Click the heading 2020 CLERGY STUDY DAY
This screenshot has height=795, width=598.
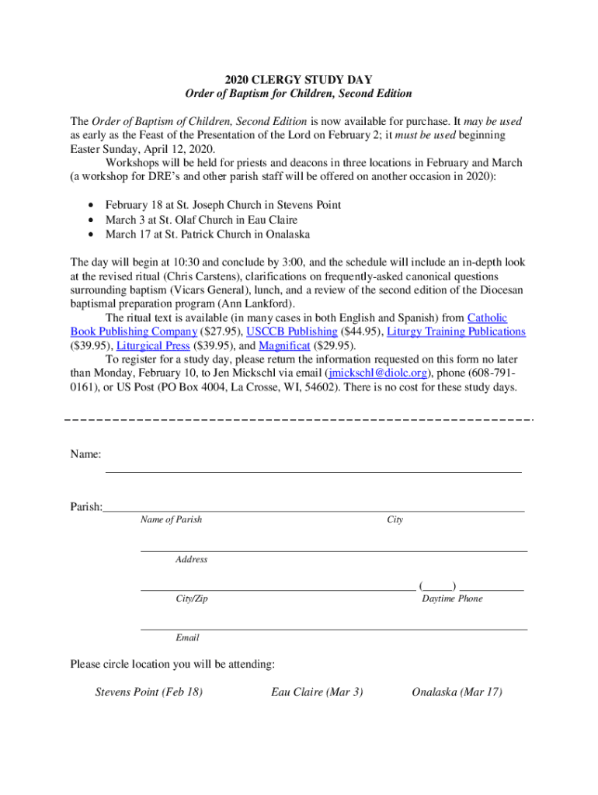[298, 80]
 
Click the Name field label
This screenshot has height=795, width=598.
[85, 454]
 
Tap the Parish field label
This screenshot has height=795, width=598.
[86, 507]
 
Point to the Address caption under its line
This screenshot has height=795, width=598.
[192, 559]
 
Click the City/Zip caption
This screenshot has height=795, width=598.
[192, 599]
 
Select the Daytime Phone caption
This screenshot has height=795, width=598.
[452, 599]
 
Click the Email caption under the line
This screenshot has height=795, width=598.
[187, 637]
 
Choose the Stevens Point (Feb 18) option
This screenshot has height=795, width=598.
[148, 692]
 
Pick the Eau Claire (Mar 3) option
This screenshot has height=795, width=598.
[317, 692]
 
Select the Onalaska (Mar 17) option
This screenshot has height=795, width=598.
[457, 692]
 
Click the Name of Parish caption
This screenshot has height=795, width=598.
[171, 519]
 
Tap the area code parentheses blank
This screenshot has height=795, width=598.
[436, 585]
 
